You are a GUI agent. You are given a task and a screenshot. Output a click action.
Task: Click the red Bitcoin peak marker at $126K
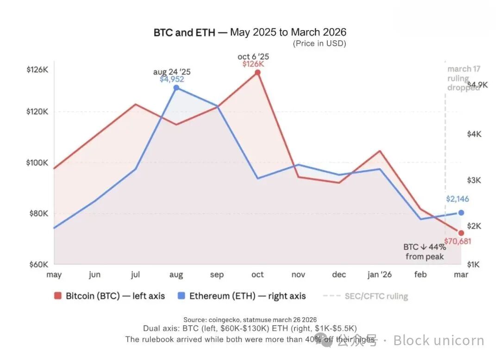tap(257, 72)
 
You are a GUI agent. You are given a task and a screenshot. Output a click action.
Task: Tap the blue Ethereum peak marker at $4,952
tap(176, 88)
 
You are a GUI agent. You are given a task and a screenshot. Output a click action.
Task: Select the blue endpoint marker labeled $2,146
tap(461, 213)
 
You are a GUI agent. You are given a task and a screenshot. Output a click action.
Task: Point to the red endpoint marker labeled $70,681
tap(461, 233)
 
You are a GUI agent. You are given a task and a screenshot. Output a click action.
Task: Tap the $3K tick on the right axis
tap(474, 180)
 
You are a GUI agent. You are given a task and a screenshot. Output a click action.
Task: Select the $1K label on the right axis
tap(474, 265)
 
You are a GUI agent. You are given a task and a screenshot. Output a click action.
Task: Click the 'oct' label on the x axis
tap(257, 275)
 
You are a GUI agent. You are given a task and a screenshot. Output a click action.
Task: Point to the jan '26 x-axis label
tap(379, 275)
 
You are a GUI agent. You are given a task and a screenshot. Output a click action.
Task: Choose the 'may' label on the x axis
tap(54, 275)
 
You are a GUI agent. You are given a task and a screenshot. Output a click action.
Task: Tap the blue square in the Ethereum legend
tap(181, 296)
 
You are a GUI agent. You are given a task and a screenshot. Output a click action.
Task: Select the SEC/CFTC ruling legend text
tap(376, 296)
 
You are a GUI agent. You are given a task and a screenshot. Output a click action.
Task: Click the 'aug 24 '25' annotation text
tap(172, 72)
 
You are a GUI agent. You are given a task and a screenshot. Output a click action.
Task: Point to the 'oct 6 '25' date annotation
tap(253, 57)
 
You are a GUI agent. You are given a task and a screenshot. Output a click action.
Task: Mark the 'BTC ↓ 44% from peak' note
tap(425, 252)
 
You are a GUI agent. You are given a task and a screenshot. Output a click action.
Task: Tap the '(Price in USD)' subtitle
tap(319, 44)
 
